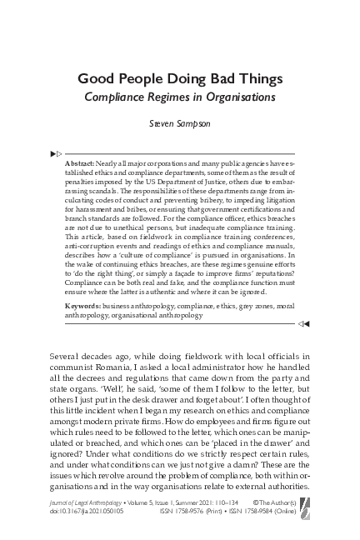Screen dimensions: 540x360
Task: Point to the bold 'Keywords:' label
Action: click(82, 307)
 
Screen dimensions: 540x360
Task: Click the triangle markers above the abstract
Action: click(56, 154)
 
